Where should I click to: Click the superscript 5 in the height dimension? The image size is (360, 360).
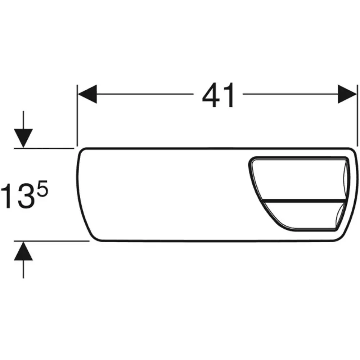43,189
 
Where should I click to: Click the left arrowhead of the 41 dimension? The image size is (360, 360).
87,94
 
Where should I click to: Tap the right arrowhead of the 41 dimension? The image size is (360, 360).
347,94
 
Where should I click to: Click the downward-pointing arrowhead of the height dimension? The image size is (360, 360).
23,138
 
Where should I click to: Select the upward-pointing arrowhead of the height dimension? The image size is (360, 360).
23,251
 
